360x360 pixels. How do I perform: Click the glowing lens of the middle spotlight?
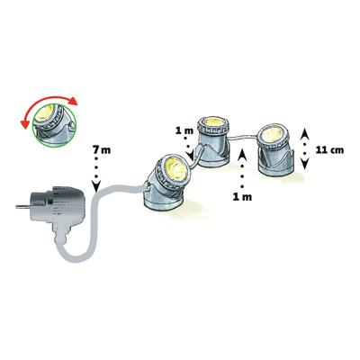[211, 125]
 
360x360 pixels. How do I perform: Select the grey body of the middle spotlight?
[212, 152]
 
